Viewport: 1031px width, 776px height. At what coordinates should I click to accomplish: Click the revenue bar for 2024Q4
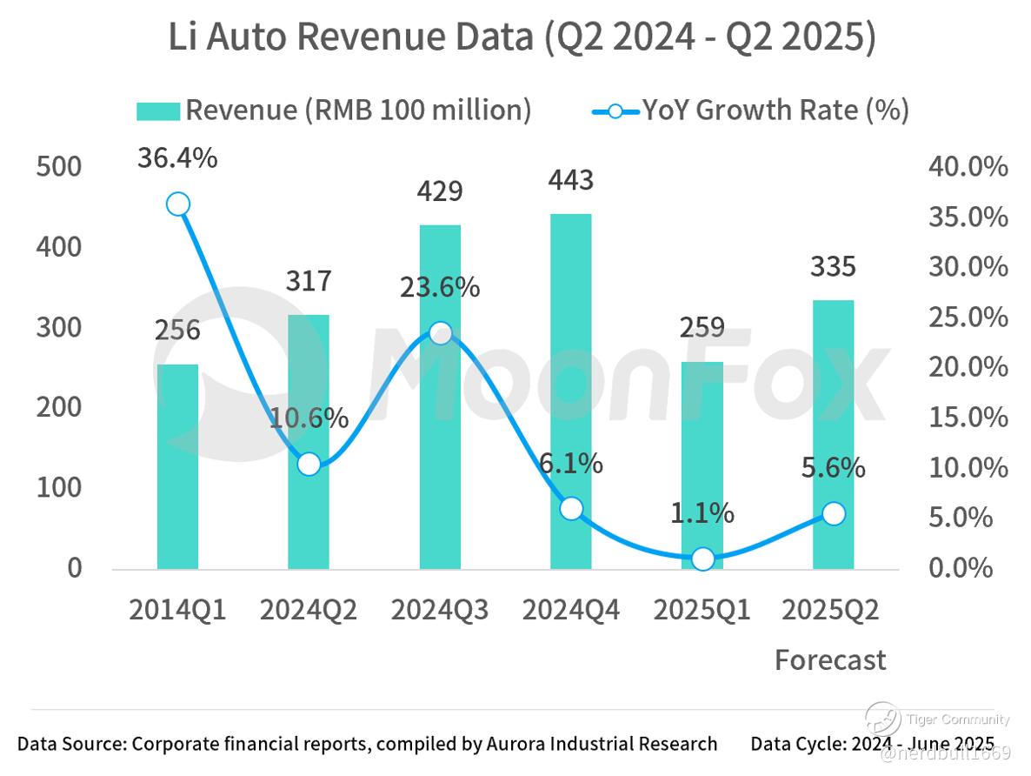[x=570, y=391]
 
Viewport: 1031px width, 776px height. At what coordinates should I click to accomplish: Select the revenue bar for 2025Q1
[x=702, y=465]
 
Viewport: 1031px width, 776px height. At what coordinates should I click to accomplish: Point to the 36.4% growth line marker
[x=177, y=204]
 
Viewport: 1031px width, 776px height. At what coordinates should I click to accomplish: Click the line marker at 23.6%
[x=440, y=333]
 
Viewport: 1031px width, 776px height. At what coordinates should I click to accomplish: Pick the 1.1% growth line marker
[x=702, y=559]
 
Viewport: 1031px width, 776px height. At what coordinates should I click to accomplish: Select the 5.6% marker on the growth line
[x=833, y=514]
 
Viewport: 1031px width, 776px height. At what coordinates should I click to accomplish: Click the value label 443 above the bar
[x=570, y=180]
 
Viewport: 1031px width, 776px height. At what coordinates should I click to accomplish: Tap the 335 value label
[x=833, y=266]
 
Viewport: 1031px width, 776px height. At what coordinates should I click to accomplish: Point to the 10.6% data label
[x=309, y=418]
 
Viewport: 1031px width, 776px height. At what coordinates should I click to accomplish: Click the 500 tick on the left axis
[x=59, y=167]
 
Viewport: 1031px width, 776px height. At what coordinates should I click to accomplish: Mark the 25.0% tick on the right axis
[x=967, y=318]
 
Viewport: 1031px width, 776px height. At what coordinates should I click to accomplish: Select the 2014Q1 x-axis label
[x=177, y=610]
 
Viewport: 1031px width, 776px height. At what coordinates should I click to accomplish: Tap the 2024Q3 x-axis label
[x=440, y=610]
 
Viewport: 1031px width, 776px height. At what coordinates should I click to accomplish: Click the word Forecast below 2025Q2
[x=830, y=660]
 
